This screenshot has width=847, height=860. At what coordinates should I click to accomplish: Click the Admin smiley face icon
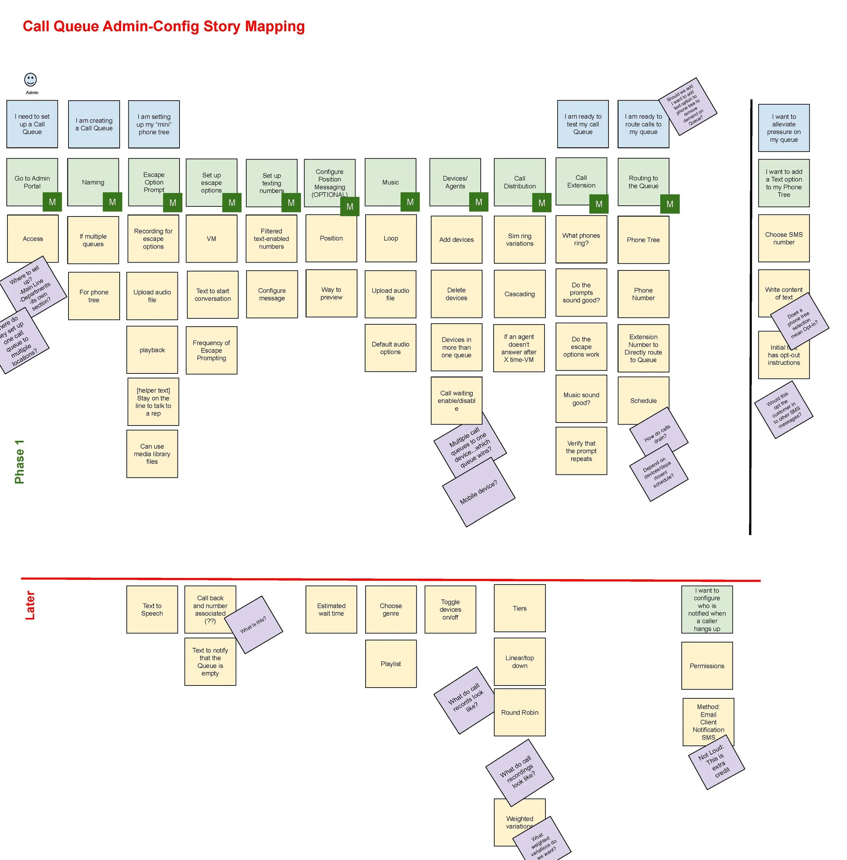pyautogui.click(x=30, y=80)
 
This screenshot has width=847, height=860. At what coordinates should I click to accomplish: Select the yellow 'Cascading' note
pyautogui.click(x=520, y=294)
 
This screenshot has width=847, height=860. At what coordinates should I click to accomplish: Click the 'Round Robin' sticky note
pyautogui.click(x=520, y=712)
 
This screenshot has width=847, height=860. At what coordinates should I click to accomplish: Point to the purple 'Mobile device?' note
pyautogui.click(x=479, y=492)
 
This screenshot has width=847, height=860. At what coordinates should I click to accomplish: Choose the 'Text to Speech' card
pyautogui.click(x=152, y=610)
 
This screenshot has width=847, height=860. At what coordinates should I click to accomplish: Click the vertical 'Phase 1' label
pyautogui.click(x=20, y=462)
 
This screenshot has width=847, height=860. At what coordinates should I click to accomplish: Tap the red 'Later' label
pyautogui.click(x=30, y=605)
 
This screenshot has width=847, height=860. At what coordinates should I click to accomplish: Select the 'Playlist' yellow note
pyautogui.click(x=391, y=664)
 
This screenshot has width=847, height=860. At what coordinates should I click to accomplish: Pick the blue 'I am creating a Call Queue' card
pyautogui.click(x=94, y=124)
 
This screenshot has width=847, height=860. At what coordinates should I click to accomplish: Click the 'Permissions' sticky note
pyautogui.click(x=707, y=666)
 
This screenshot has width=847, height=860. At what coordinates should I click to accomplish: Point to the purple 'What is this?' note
pyautogui.click(x=253, y=624)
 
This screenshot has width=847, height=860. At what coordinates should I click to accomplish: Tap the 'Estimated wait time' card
pyautogui.click(x=331, y=610)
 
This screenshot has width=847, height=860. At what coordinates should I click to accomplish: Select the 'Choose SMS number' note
pyautogui.click(x=784, y=239)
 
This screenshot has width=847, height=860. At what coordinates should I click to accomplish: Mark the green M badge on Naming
pyautogui.click(x=112, y=202)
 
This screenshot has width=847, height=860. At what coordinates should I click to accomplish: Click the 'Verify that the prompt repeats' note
pyautogui.click(x=581, y=451)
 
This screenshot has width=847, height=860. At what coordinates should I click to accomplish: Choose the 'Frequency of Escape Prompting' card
pyautogui.click(x=211, y=351)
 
